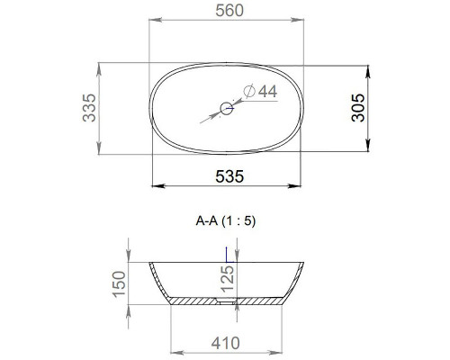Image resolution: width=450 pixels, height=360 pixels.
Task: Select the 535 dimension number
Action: click(x=229, y=176)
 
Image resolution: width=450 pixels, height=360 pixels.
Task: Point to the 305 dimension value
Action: click(x=357, y=109)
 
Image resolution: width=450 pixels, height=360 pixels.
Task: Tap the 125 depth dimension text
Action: click(x=229, y=282)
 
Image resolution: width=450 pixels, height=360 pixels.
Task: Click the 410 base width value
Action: click(x=229, y=342)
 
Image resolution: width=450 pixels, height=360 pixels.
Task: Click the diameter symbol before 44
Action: click(x=248, y=92)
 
